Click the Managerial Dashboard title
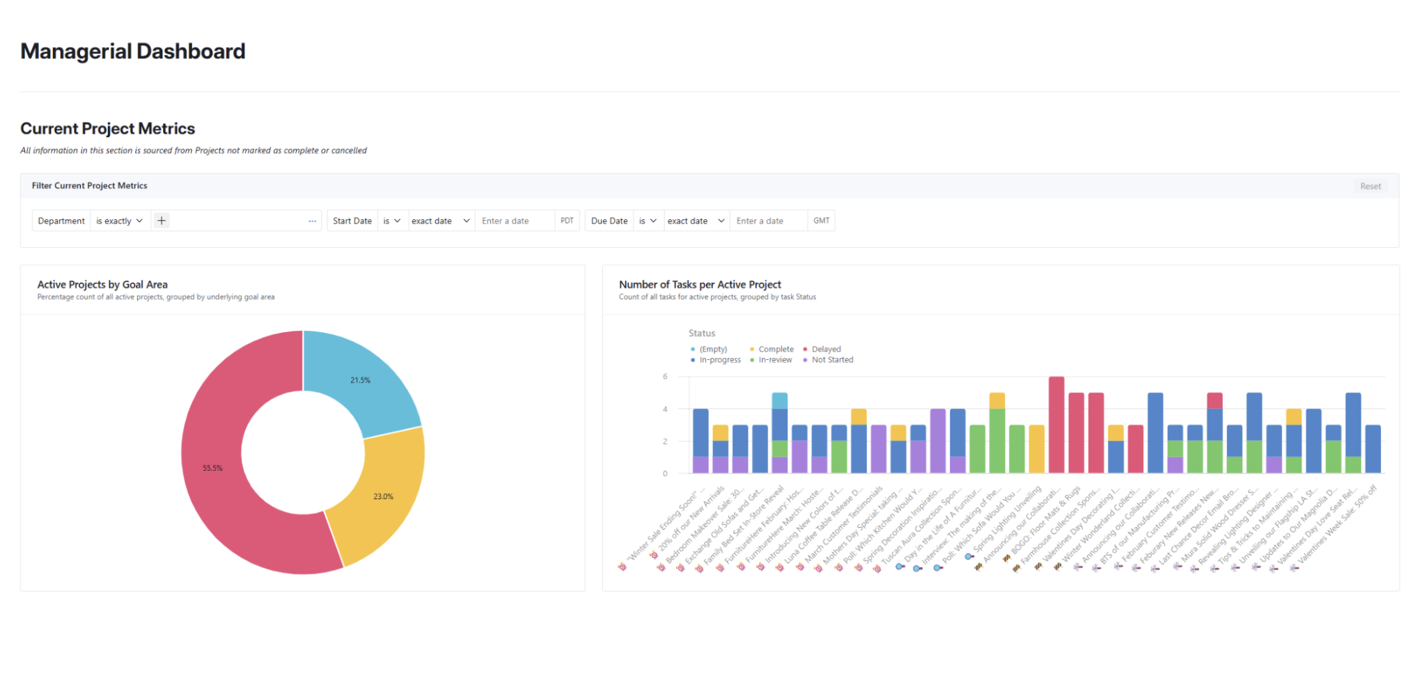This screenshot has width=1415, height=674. pyautogui.click(x=132, y=52)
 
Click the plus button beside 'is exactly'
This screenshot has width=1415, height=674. pyautogui.click(x=162, y=221)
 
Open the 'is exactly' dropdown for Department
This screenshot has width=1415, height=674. pyautogui.click(x=120, y=221)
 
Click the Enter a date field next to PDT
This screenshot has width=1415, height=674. pyautogui.click(x=514, y=221)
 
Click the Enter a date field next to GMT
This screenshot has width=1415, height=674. pyautogui.click(x=767, y=221)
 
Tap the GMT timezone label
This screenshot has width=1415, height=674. pyautogui.click(x=821, y=221)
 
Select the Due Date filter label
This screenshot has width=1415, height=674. pyautogui.click(x=609, y=221)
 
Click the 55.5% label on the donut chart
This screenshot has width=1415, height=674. pyautogui.click(x=212, y=468)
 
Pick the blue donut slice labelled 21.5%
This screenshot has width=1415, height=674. pyautogui.click(x=360, y=380)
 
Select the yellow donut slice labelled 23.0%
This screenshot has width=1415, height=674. pyautogui.click(x=383, y=496)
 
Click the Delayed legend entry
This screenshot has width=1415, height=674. pyautogui.click(x=825, y=349)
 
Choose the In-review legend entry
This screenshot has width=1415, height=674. pyautogui.click(x=774, y=360)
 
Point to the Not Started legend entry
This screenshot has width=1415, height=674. pyautogui.click(x=831, y=360)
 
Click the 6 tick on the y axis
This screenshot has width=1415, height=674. pyautogui.click(x=665, y=377)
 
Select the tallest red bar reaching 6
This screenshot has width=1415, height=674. pyautogui.click(x=1056, y=425)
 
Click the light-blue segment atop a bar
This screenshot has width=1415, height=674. pyautogui.click(x=779, y=400)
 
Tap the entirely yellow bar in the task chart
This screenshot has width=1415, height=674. pyautogui.click(x=1036, y=449)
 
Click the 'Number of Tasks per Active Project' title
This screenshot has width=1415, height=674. pyautogui.click(x=700, y=284)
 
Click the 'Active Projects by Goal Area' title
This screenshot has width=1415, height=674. pyautogui.click(x=102, y=284)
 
